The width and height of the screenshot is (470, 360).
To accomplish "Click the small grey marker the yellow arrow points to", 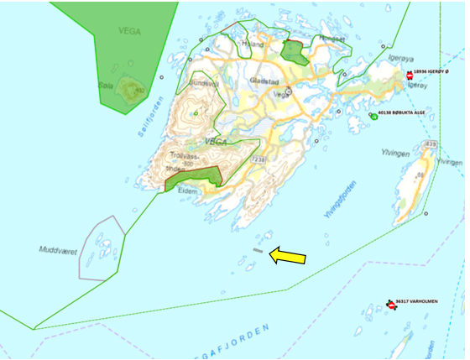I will [x=258, y=250].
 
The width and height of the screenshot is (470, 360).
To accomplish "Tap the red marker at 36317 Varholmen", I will [x=391, y=305].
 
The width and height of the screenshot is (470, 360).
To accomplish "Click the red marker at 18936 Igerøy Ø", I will [x=410, y=76].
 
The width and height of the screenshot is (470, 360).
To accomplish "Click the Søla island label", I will [x=106, y=85].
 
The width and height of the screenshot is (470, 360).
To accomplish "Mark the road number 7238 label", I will [x=257, y=159].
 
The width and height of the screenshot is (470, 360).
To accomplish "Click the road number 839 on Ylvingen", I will [x=430, y=145].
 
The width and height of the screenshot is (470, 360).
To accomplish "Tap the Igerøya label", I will [x=402, y=58].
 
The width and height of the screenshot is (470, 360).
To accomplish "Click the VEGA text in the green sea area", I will [x=130, y=31].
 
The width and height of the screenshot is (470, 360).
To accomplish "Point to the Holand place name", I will [x=252, y=44].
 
